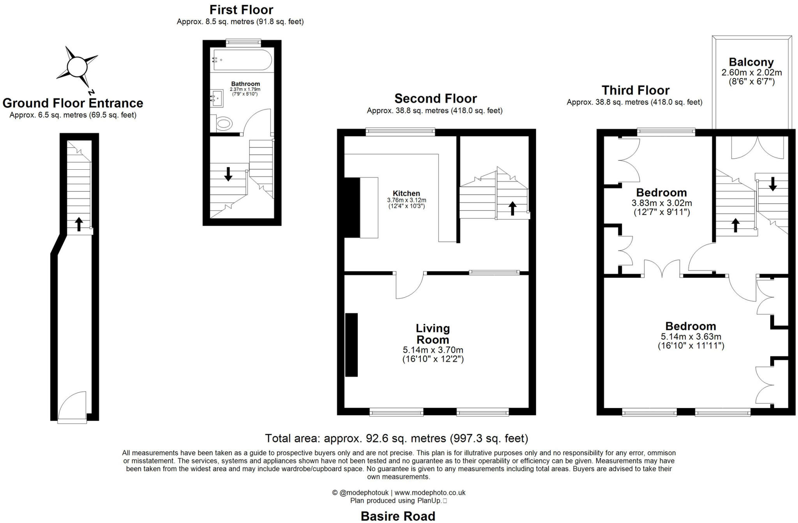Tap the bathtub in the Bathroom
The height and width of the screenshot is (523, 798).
click(x=242, y=60)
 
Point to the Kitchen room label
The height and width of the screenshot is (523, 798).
click(x=406, y=193)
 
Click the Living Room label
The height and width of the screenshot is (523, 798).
click(x=433, y=334)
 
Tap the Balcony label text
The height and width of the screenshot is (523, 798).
click(x=751, y=62)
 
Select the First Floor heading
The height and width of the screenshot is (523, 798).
click(x=241, y=10)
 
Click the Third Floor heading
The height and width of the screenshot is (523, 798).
click(x=636, y=90)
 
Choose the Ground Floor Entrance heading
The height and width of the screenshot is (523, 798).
click(x=73, y=103)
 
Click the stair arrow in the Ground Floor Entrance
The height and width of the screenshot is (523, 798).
click(x=79, y=224)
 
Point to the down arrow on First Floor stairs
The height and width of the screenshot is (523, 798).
click(x=228, y=174)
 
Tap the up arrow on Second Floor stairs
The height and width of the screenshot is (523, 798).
click(x=513, y=208)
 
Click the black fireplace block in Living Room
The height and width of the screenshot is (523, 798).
click(x=351, y=345)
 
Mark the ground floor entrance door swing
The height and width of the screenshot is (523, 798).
click(x=72, y=405)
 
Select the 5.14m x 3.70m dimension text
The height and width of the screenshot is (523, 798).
click(x=433, y=350)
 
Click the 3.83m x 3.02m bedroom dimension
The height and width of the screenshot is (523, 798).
click(x=662, y=203)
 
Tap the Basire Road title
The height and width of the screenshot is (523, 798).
click(x=398, y=516)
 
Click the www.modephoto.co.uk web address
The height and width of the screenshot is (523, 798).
click(x=430, y=493)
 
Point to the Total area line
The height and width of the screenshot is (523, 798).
click(x=397, y=438)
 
